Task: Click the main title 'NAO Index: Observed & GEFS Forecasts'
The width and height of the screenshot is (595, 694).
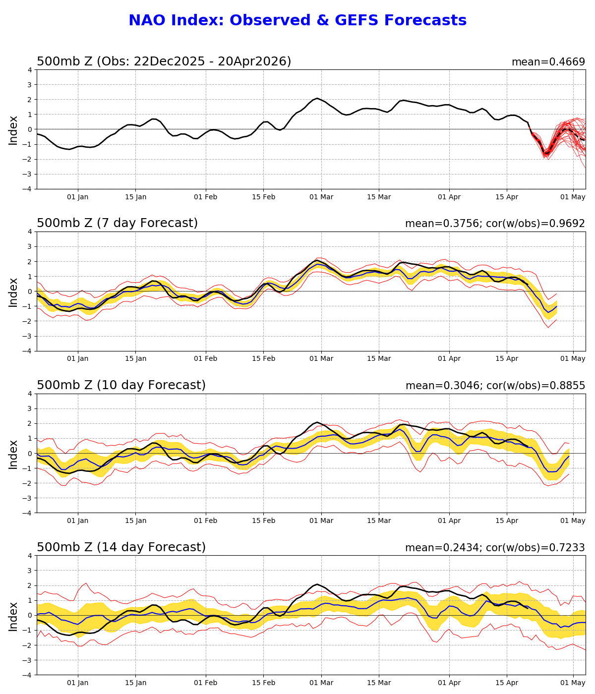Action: click(297, 21)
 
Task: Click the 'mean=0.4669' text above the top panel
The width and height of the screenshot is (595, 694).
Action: click(548, 62)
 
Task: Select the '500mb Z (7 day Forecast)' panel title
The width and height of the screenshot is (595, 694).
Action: click(117, 223)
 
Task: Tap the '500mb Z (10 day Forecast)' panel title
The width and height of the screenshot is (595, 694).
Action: click(121, 385)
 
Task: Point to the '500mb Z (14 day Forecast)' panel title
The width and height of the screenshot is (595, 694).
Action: click(121, 547)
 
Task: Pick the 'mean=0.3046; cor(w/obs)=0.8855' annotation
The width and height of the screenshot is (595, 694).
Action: click(495, 386)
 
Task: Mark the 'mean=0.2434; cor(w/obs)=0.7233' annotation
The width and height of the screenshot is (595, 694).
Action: click(495, 548)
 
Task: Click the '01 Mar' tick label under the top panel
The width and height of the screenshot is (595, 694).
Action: click(321, 197)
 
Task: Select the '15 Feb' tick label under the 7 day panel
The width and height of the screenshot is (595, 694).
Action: click(263, 359)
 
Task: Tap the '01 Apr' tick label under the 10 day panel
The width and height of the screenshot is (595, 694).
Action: click(449, 521)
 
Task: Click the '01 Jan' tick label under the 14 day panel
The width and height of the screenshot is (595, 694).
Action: click(78, 683)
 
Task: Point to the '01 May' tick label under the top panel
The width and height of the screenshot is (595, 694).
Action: click(573, 197)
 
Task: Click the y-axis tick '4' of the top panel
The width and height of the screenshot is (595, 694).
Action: click(30, 70)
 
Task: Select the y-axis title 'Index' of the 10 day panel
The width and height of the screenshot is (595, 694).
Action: click(13, 454)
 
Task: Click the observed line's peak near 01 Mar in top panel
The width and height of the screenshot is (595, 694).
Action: click(317, 98)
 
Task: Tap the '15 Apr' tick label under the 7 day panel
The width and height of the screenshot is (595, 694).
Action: click(507, 359)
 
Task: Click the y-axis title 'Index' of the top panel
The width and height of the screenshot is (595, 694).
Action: click(13, 130)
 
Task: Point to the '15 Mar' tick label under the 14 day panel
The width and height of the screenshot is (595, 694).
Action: click(379, 683)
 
